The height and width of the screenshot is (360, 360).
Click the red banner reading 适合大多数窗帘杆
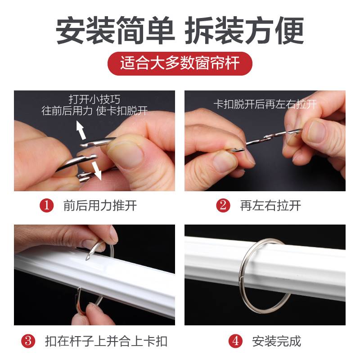180,63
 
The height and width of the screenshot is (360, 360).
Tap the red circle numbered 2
223,206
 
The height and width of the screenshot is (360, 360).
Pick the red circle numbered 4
235,341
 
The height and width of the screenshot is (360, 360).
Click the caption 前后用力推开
100,206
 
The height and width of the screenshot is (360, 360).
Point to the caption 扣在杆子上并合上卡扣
106,341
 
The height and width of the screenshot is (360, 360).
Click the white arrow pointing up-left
81,131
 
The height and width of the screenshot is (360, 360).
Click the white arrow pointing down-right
95,171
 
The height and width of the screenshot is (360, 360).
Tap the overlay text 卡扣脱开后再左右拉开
265,104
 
